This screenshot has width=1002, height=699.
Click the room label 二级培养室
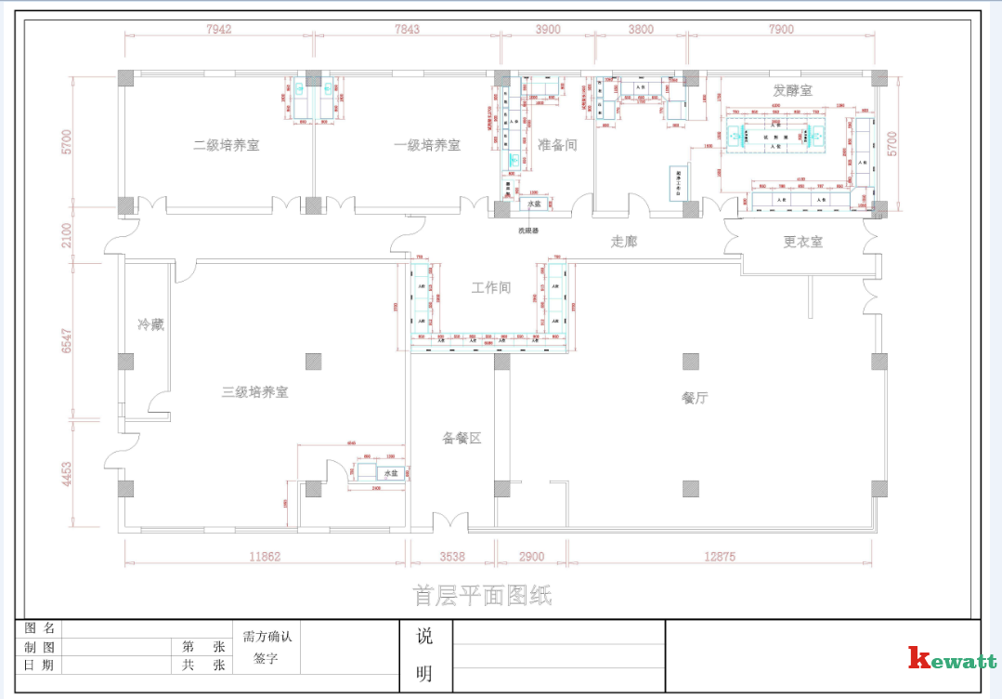[226, 146]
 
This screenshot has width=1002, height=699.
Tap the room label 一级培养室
[426, 146]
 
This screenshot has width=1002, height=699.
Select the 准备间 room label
[557, 145]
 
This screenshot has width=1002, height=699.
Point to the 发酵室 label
[792, 90]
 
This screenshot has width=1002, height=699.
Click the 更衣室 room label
[802, 242]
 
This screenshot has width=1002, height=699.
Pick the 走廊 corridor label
[624, 242]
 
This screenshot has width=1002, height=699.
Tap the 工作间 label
[490, 287]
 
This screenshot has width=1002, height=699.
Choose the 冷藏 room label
[150, 324]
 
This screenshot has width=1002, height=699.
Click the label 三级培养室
[254, 392]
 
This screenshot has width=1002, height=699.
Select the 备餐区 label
[462, 438]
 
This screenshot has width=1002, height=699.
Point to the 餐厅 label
[695, 398]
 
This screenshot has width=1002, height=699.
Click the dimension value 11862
[265, 558]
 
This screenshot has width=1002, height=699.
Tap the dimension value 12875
[720, 558]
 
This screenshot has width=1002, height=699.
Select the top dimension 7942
[218, 29]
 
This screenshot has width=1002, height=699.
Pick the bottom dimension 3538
[452, 558]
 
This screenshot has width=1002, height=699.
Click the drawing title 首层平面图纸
[482, 596]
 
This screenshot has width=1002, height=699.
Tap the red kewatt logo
[952, 659]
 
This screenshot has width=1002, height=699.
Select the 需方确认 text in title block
[267, 637]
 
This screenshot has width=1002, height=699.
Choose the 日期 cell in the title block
[39, 666]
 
